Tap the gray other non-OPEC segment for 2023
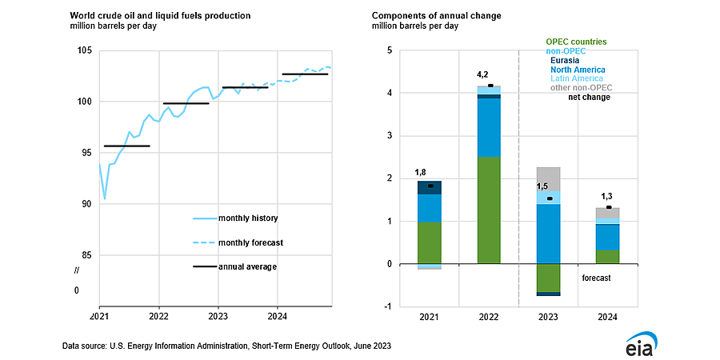[x=548, y=179]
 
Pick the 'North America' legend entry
[x=578, y=70]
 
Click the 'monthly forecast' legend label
[x=250, y=242]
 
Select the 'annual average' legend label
[x=247, y=266]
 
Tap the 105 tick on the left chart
[x=86, y=50]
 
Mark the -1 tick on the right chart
[x=390, y=307]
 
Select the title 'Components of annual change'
[x=437, y=16]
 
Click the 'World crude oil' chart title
[x=160, y=16]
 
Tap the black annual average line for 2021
[x=126, y=146]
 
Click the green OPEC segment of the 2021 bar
[x=430, y=243]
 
